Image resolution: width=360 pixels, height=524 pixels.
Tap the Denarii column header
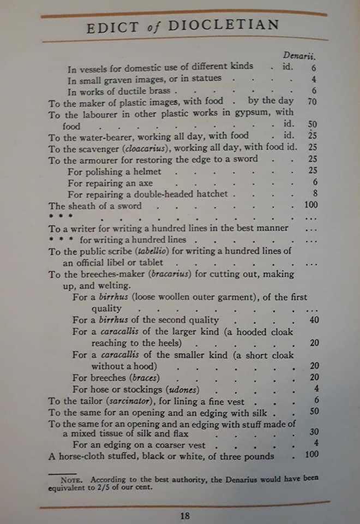coord(300,55)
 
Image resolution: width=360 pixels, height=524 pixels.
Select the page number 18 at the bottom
coord(185,515)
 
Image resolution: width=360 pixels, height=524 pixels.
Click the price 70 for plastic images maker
coord(312,101)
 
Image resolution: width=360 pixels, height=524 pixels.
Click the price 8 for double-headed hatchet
coord(315,194)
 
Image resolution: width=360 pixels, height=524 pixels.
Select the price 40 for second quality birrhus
coord(314,320)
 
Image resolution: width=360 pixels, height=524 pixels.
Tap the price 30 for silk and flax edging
coord(314,432)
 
